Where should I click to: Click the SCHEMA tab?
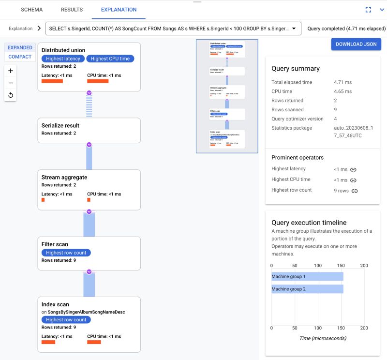31,10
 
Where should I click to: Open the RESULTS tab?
72,10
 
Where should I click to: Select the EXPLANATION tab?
119,10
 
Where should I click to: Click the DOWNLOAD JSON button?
356,45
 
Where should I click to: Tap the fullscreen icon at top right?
368,10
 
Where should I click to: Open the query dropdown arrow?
294,29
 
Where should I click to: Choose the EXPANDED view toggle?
20,47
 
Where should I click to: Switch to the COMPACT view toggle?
20,57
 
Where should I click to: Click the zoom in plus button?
11,71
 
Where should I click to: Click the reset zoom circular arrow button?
11,95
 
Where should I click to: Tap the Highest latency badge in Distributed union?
63,59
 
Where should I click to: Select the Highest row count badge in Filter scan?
66,253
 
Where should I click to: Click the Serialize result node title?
60,125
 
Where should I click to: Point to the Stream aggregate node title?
64,177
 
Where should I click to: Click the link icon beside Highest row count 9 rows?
355,191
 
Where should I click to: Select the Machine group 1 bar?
307,276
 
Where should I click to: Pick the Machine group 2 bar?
307,289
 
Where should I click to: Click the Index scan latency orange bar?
48,342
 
